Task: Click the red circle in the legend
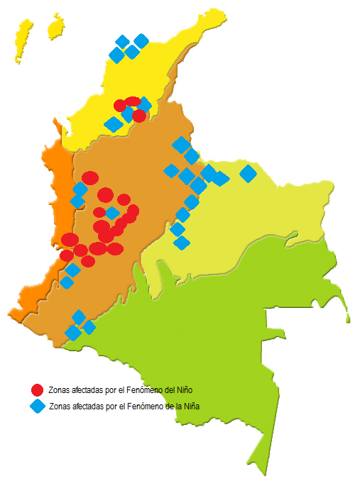point(38,389)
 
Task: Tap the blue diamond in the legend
point(38,407)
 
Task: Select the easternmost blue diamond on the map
point(248,172)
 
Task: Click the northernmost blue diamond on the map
point(141,40)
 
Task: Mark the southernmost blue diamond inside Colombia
point(72,332)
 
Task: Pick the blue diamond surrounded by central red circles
point(112,213)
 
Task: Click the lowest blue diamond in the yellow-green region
point(182,243)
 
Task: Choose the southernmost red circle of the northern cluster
point(139,116)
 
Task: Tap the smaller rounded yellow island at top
point(55,27)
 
